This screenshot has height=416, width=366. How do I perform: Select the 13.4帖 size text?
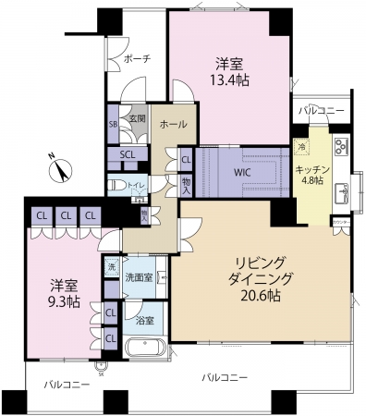click(230, 80)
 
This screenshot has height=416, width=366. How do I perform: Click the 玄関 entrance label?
click(137, 119)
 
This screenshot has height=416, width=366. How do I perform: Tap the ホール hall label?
click(173, 124)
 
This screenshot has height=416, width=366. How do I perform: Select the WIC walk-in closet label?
click(243, 171)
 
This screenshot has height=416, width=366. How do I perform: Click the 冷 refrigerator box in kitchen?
click(302, 147)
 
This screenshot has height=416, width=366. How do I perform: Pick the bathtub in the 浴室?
click(144, 352)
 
